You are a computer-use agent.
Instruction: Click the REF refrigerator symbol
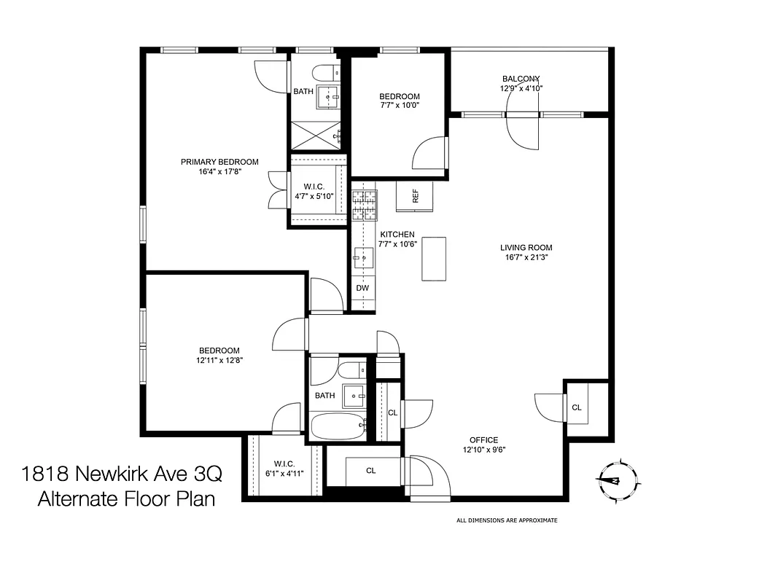pyautogui.click(x=414, y=195)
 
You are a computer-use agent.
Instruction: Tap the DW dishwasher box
pyautogui.click(x=362, y=288)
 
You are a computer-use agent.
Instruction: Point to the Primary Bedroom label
pyautogui.click(x=219, y=162)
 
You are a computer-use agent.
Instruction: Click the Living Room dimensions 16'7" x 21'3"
pyautogui.click(x=526, y=257)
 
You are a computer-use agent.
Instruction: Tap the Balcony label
pyautogui.click(x=521, y=79)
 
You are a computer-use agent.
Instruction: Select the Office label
pyautogui.click(x=483, y=439)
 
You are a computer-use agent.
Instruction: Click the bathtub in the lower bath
pyautogui.click(x=338, y=426)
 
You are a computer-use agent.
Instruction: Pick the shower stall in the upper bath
pyautogui.click(x=317, y=134)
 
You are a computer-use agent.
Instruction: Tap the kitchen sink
pyautogui.click(x=363, y=256)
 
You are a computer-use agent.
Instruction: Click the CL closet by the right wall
pyautogui.click(x=577, y=407)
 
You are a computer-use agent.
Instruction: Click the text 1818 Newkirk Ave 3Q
pyautogui.click(x=122, y=474)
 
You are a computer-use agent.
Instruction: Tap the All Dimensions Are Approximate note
pyautogui.click(x=506, y=520)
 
